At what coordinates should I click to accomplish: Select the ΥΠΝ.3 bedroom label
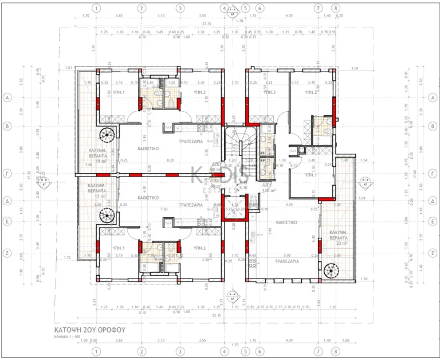click(269, 92)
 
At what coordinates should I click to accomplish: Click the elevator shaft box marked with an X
click(233, 208)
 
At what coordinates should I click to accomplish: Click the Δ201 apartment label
click(266, 186)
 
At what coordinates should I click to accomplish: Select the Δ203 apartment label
click(216, 164)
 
